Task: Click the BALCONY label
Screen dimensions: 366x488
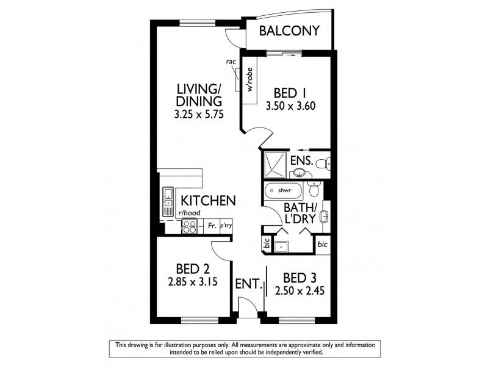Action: coord(289,31)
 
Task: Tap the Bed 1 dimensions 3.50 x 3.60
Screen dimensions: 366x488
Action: coord(290,105)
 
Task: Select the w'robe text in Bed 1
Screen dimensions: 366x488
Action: coord(250,80)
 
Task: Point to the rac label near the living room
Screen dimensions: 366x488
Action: coord(231,62)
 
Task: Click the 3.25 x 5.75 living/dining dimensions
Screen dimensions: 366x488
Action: coord(196,113)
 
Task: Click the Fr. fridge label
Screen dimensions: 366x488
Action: coord(211,226)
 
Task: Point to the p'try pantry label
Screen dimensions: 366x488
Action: coord(226,226)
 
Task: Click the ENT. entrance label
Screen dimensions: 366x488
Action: coord(249,284)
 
